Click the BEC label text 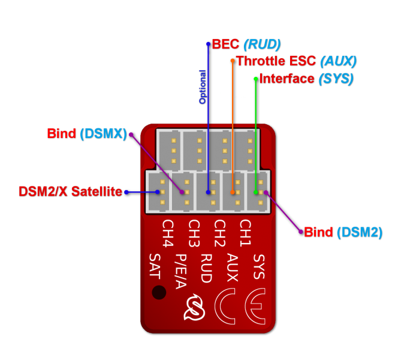225,44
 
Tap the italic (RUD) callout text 261,44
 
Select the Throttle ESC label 276,61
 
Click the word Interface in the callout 287,79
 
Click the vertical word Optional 203,87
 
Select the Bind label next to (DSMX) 61,134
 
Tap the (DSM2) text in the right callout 359,232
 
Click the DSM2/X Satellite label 70,192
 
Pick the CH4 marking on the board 167,233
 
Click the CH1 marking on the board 245,233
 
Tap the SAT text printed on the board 154,266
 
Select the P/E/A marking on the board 180,271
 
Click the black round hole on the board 159,292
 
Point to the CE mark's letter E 256,306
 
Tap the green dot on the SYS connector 255,193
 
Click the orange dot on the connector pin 233,193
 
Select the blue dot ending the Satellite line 157,192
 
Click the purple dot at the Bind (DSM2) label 300,232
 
